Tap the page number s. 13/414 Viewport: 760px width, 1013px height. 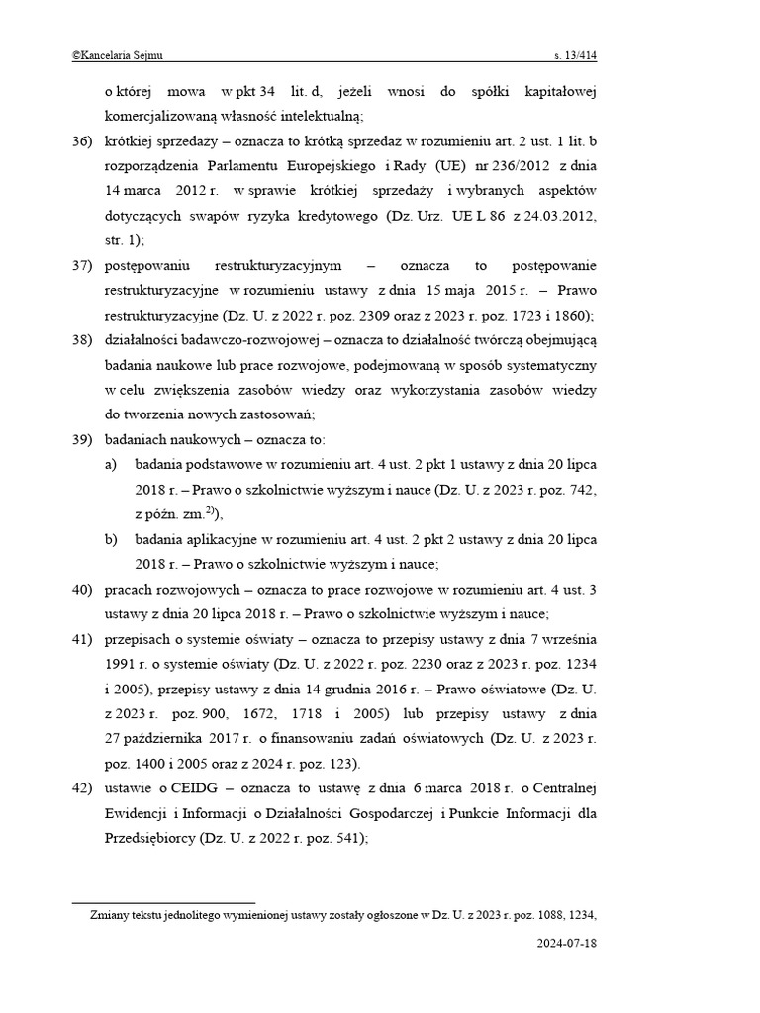575,56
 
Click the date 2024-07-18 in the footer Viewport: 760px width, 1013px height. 566,943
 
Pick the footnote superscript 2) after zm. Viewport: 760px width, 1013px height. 212,510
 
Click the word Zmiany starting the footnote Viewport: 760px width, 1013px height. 111,915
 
